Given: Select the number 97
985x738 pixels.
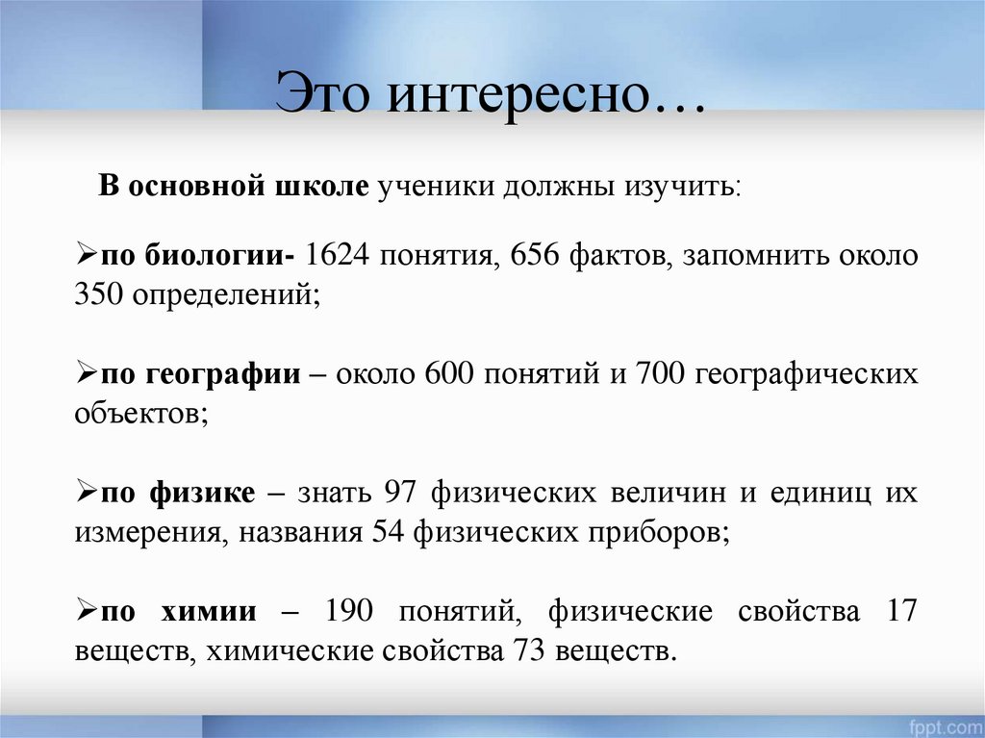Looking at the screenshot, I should click(x=399, y=493).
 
